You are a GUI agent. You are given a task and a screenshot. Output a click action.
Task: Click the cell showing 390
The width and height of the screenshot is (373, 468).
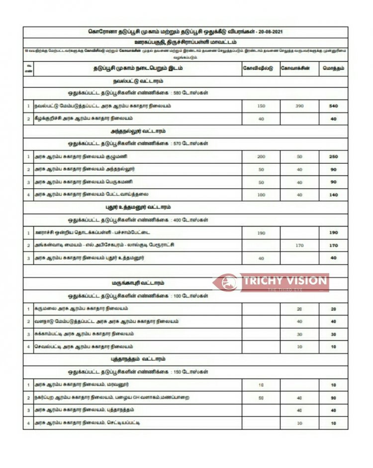click(x=299, y=106)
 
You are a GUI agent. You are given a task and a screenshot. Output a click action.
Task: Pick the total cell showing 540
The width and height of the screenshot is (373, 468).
click(x=333, y=106)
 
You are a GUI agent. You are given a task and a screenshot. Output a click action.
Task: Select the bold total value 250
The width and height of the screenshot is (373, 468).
click(x=333, y=156)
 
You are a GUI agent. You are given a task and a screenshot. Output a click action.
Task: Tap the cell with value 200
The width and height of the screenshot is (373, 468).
click(x=261, y=156)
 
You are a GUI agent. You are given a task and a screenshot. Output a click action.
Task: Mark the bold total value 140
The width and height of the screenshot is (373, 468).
click(x=333, y=195)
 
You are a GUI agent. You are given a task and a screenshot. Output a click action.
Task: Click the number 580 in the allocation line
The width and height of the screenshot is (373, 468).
click(x=176, y=93)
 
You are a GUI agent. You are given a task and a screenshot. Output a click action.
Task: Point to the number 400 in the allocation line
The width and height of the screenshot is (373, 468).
click(x=176, y=220)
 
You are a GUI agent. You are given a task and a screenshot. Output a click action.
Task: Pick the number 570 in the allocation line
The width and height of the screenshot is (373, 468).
click(x=176, y=144)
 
